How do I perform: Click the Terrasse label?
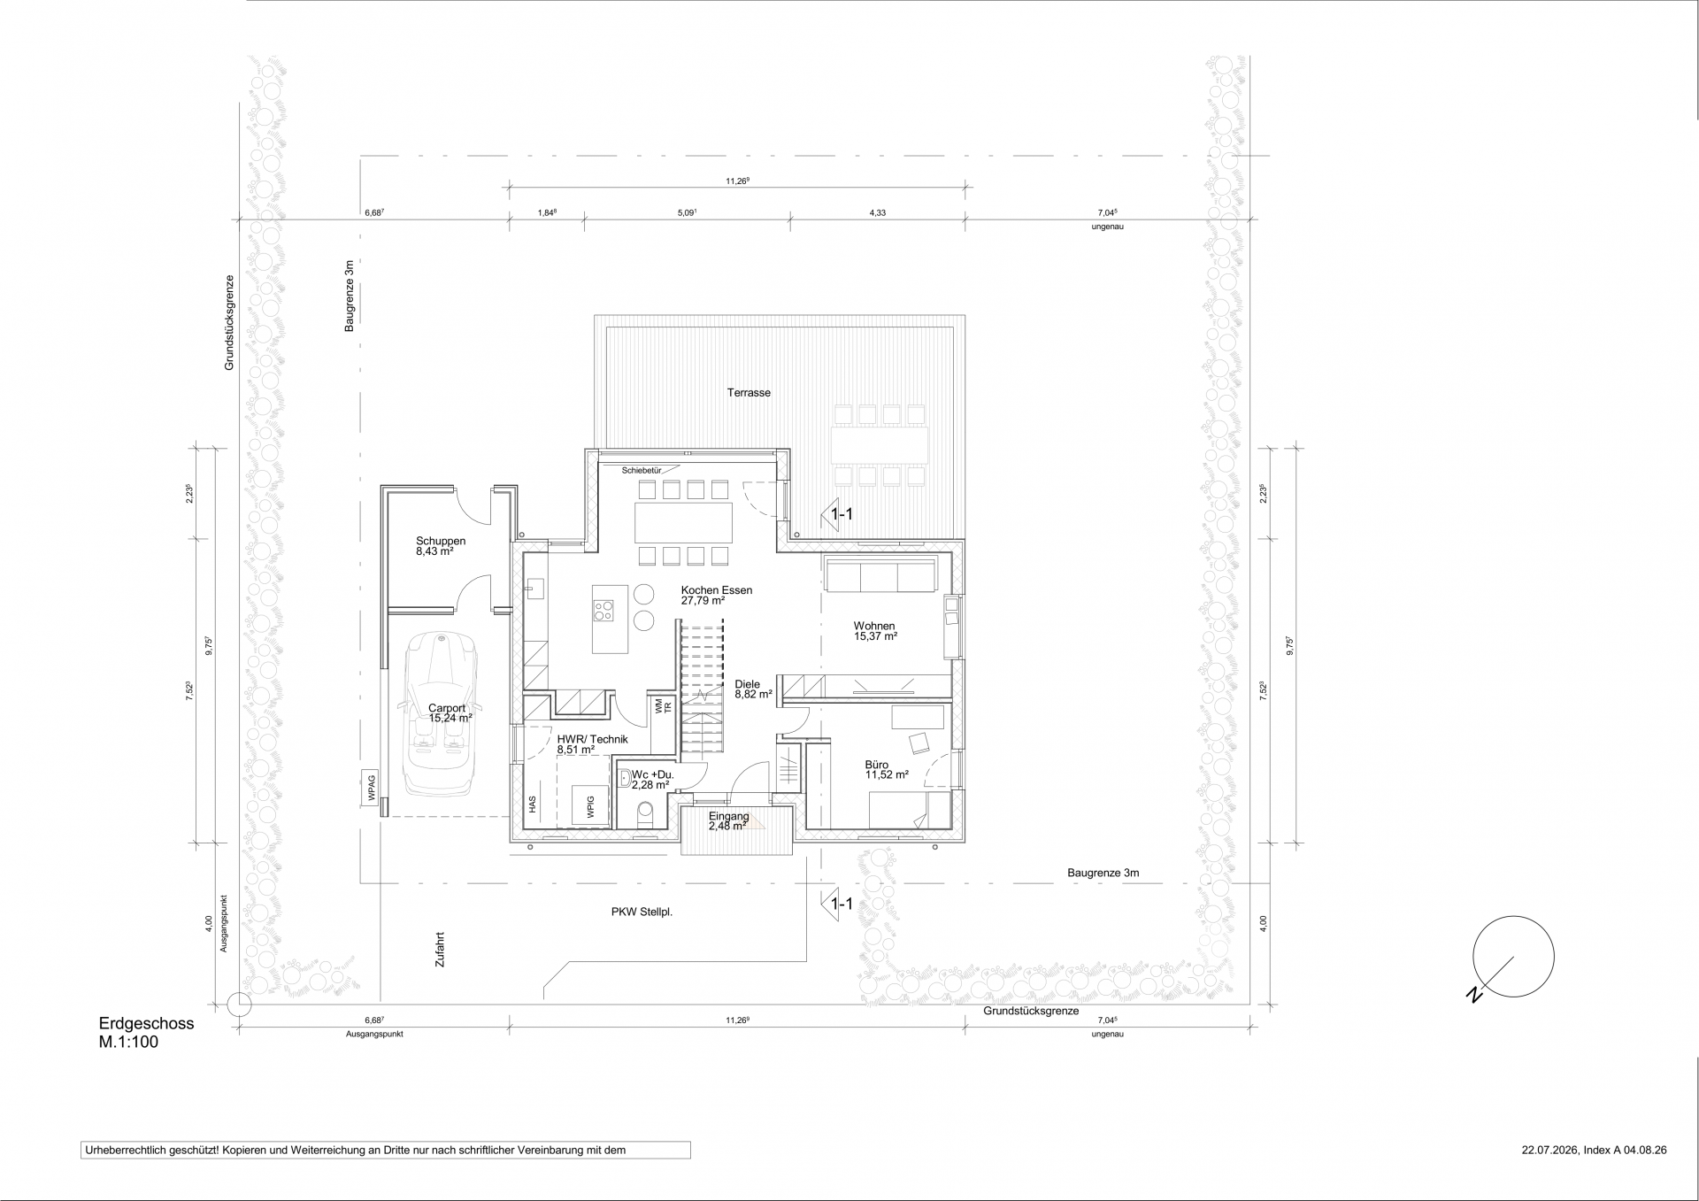coord(749,392)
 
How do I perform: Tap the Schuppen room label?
coord(441,541)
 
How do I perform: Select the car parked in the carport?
coord(441,712)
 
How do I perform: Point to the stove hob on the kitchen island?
coord(603,609)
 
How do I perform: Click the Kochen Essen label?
coord(717,590)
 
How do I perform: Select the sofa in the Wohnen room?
coord(880,574)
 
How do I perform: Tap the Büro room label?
coord(877,765)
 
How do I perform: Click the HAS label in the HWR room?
coord(533,805)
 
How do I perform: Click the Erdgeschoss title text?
coord(146,1024)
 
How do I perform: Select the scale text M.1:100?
coord(128,1043)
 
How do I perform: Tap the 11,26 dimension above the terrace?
coord(738,181)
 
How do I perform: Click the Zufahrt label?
coord(440,953)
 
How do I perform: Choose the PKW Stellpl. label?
coord(642,912)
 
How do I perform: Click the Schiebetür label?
coord(642,470)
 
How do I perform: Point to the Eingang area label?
coord(729,816)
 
